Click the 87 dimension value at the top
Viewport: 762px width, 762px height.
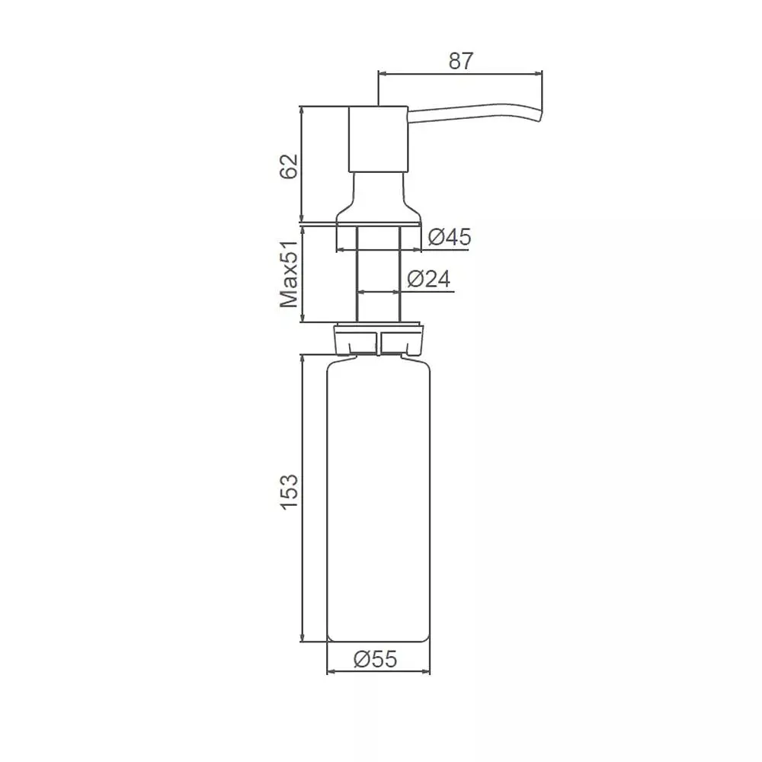coord(461,61)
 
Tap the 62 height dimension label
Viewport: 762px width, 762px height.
coord(288,166)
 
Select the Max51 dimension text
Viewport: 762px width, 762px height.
coord(289,274)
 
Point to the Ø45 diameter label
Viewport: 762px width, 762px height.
coord(450,237)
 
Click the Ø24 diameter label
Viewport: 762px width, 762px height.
coord(428,279)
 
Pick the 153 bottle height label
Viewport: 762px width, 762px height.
coord(289,491)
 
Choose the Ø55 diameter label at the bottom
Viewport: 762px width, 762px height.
coord(376,659)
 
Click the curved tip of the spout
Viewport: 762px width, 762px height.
coord(539,117)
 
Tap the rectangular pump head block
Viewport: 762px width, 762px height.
coord(378,139)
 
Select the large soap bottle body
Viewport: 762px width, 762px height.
coord(379,500)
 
